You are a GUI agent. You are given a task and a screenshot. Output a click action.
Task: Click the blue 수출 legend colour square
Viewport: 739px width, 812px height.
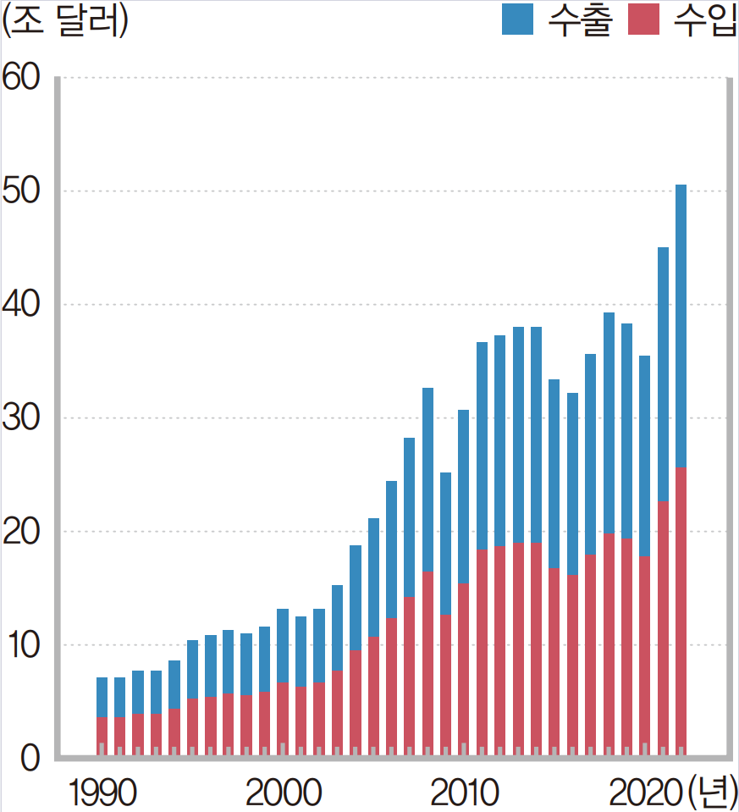pos(518,19)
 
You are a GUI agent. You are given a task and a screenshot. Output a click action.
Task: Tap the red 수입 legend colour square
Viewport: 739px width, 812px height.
pos(643,19)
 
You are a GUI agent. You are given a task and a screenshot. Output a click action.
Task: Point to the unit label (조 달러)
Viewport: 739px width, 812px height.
pos(65,21)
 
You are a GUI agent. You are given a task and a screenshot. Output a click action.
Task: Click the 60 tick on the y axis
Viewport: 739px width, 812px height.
pos(20,78)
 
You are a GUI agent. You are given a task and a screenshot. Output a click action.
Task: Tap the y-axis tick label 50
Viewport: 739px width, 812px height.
pos(20,191)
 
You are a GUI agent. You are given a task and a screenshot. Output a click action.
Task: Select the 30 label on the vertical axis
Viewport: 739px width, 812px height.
pos(20,418)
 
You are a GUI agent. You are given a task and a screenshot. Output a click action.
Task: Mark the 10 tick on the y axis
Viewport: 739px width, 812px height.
pos(20,645)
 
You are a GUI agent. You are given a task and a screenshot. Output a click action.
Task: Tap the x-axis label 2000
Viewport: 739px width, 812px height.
pos(283,793)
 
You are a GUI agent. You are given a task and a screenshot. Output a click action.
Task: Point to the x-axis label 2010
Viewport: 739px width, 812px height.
pos(464,793)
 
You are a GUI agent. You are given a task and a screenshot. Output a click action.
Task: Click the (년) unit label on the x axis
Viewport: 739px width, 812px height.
pos(712,793)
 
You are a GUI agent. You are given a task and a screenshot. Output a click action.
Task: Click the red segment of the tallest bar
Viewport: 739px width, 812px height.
pos(681,610)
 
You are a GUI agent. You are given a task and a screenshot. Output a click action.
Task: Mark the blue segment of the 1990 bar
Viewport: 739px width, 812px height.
pos(102,698)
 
